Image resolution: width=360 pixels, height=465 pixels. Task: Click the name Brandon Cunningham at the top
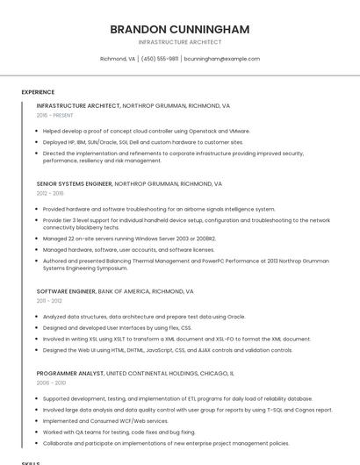pyautogui.click(x=180, y=29)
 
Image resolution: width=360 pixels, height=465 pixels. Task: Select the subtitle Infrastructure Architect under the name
pyautogui.click(x=180, y=42)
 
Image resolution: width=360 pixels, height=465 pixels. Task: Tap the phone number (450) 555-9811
pyautogui.click(x=160, y=59)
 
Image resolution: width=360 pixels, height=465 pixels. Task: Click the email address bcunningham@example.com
pyautogui.click(x=222, y=59)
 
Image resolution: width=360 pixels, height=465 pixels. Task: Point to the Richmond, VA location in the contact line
pyautogui.click(x=118, y=59)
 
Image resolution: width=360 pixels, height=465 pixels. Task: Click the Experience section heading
pyautogui.click(x=38, y=91)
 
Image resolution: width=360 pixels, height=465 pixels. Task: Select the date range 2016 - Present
pyautogui.click(x=54, y=115)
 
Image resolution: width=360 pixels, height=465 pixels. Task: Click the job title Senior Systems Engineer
pyautogui.click(x=75, y=184)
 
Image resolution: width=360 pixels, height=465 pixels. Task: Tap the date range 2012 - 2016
pyautogui.click(x=50, y=193)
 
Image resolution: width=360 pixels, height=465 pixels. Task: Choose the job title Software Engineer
pyautogui.click(x=66, y=290)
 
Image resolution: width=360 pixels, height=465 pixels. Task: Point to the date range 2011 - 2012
pyautogui.click(x=49, y=300)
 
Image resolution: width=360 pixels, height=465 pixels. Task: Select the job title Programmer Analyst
pyautogui.click(x=69, y=373)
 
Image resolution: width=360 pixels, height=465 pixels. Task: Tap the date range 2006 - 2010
pyautogui.click(x=51, y=383)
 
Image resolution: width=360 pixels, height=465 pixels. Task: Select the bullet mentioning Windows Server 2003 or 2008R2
pyautogui.click(x=129, y=238)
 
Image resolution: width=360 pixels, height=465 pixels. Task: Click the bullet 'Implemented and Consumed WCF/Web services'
pyautogui.click(x=105, y=420)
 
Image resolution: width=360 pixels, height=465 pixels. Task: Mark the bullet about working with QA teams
pyautogui.click(x=119, y=432)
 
